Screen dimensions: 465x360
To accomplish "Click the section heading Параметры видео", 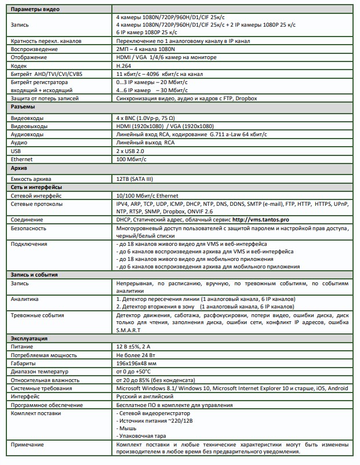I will [x=35, y=10].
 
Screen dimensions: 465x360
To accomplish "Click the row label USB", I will [x=17, y=150].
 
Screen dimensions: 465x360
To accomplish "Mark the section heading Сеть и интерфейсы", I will [x=37, y=188].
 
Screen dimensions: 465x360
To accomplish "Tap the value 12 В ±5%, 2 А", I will [x=138, y=346].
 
